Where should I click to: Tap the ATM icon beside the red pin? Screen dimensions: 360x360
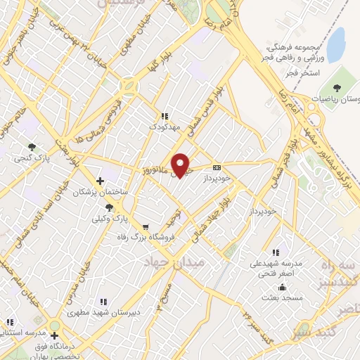[217, 167]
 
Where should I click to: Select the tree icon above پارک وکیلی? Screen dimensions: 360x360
[109, 207]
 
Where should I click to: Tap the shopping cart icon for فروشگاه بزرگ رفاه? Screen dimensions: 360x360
[146, 227]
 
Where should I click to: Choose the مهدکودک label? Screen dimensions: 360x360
[164, 127]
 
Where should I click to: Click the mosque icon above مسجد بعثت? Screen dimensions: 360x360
[283, 287]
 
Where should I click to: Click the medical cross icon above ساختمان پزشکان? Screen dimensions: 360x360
[101, 181]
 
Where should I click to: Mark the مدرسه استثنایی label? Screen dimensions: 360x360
[24, 331]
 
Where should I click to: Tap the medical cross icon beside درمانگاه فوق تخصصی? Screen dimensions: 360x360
[55, 335]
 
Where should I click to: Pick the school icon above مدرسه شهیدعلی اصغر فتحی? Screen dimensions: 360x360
[276, 252]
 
